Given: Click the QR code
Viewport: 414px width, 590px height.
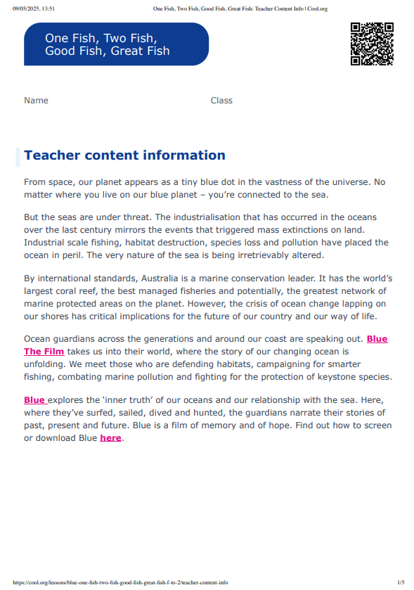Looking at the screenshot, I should point(371,44).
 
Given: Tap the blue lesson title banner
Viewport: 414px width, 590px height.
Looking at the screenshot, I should point(116,44).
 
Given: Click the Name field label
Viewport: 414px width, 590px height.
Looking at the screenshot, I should point(36,101).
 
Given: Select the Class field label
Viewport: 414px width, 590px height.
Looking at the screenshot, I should point(221,101).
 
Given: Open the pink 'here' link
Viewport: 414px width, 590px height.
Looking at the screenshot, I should point(110,438).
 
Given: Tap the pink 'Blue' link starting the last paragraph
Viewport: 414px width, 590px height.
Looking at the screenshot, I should point(34,400).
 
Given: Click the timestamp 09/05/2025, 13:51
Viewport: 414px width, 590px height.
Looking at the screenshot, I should point(34,9).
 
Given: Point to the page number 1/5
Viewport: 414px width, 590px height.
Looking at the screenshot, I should point(401,582).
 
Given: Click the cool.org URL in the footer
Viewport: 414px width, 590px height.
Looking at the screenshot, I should point(120,582).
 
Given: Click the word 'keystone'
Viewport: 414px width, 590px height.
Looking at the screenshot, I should point(332,377).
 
